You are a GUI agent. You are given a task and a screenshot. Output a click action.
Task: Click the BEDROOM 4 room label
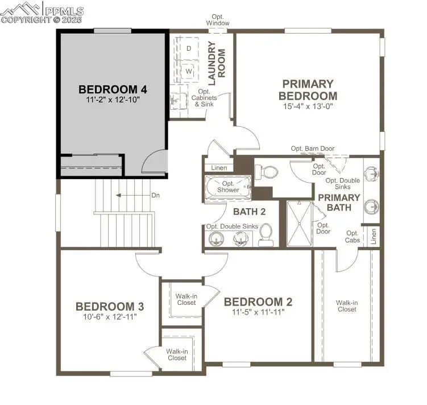tap(113, 89)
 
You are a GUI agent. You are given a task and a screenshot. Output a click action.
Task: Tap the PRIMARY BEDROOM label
tap(308, 90)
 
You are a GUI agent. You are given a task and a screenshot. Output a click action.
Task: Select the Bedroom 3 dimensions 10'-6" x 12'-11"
tap(110, 316)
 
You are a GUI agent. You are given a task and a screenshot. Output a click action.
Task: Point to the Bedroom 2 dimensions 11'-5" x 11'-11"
tap(258, 312)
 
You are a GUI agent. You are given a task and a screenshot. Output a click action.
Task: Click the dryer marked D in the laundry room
tap(188, 48)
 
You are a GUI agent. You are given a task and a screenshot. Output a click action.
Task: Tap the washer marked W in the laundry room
tap(188, 73)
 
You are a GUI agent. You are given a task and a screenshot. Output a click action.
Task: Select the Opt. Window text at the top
tap(218, 20)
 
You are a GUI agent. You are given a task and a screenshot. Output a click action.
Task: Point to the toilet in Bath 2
tap(265, 234)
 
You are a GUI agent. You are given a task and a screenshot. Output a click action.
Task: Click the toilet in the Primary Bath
tap(266, 170)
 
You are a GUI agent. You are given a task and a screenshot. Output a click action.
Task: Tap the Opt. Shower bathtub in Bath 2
tap(228, 187)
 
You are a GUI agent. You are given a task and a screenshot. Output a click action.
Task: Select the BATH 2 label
tap(250, 212)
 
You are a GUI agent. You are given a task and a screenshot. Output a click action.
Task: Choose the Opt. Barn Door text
tap(313, 149)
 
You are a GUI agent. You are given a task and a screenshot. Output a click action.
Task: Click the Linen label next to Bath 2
tap(219, 168)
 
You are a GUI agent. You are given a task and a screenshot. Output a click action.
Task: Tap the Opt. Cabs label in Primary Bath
tap(353, 237)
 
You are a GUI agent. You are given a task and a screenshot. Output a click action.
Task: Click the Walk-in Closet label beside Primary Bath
tap(346, 306)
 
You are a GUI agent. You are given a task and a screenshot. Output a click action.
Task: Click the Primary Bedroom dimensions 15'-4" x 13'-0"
tap(308, 106)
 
